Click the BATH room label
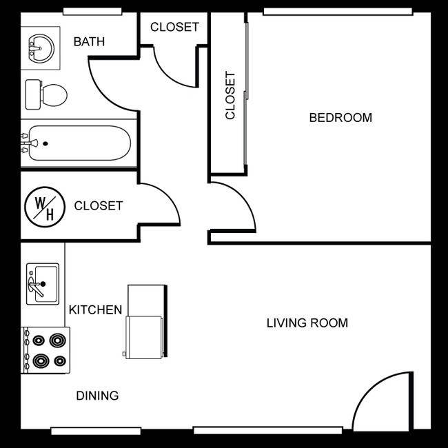[89, 42]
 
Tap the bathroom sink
[41, 47]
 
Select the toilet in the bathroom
[47, 94]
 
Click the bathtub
[76, 143]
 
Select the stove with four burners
[46, 350]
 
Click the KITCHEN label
[95, 310]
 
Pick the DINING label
[97, 396]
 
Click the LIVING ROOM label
[307, 323]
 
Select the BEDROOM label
[340, 118]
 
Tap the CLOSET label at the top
[174, 28]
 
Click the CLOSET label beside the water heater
[98, 205]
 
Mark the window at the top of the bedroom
[338, 12]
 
